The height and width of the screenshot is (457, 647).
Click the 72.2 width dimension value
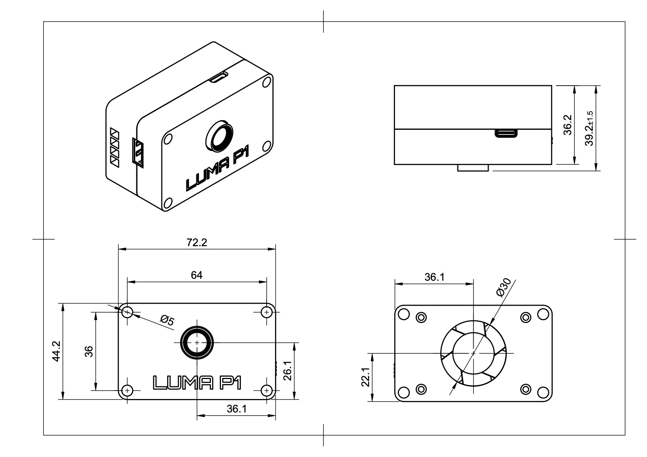pos(197,243)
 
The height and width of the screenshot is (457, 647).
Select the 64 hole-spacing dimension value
pos(197,275)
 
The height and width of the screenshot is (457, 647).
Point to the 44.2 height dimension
pos(56,351)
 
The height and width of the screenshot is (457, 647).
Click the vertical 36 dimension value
pos(89,351)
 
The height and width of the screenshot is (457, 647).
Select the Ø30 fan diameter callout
pos(503,288)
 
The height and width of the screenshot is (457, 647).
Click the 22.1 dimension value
pos(365,377)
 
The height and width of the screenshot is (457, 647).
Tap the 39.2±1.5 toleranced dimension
pos(590,128)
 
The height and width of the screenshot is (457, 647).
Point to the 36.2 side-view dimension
pos(568,125)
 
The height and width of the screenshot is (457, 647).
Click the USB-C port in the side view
pos(506,133)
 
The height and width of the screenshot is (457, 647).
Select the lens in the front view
pos(197,342)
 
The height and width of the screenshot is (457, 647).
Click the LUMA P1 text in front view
pos(197,382)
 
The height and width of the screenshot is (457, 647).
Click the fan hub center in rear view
pos(473,353)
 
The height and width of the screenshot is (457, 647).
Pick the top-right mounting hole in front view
pos(266,312)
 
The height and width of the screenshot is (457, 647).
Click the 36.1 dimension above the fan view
pos(434,277)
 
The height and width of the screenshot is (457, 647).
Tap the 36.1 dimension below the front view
pos(236,409)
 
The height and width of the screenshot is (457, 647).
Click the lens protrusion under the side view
pos(473,168)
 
